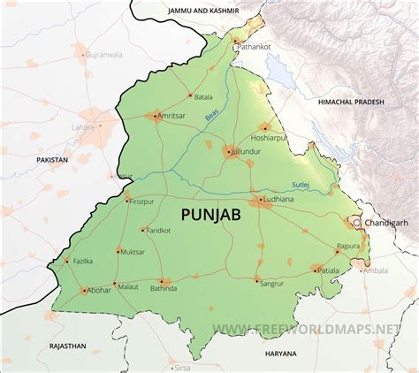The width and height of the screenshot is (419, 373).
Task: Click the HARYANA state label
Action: (x=281, y=353)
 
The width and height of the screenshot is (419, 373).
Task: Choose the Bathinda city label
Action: (x=164, y=289)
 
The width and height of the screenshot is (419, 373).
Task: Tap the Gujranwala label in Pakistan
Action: (x=103, y=54)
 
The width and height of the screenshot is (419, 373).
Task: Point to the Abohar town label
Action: (x=100, y=289)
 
